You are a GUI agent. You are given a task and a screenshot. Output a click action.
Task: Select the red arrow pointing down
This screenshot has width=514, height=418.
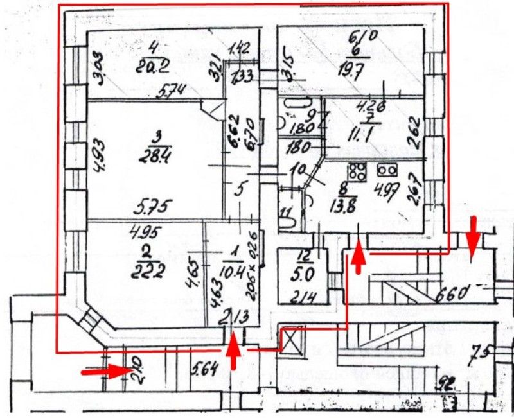pyautogui.click(x=473, y=236)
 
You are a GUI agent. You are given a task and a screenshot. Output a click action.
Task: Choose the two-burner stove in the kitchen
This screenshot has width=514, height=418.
pyautogui.click(x=387, y=170)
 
